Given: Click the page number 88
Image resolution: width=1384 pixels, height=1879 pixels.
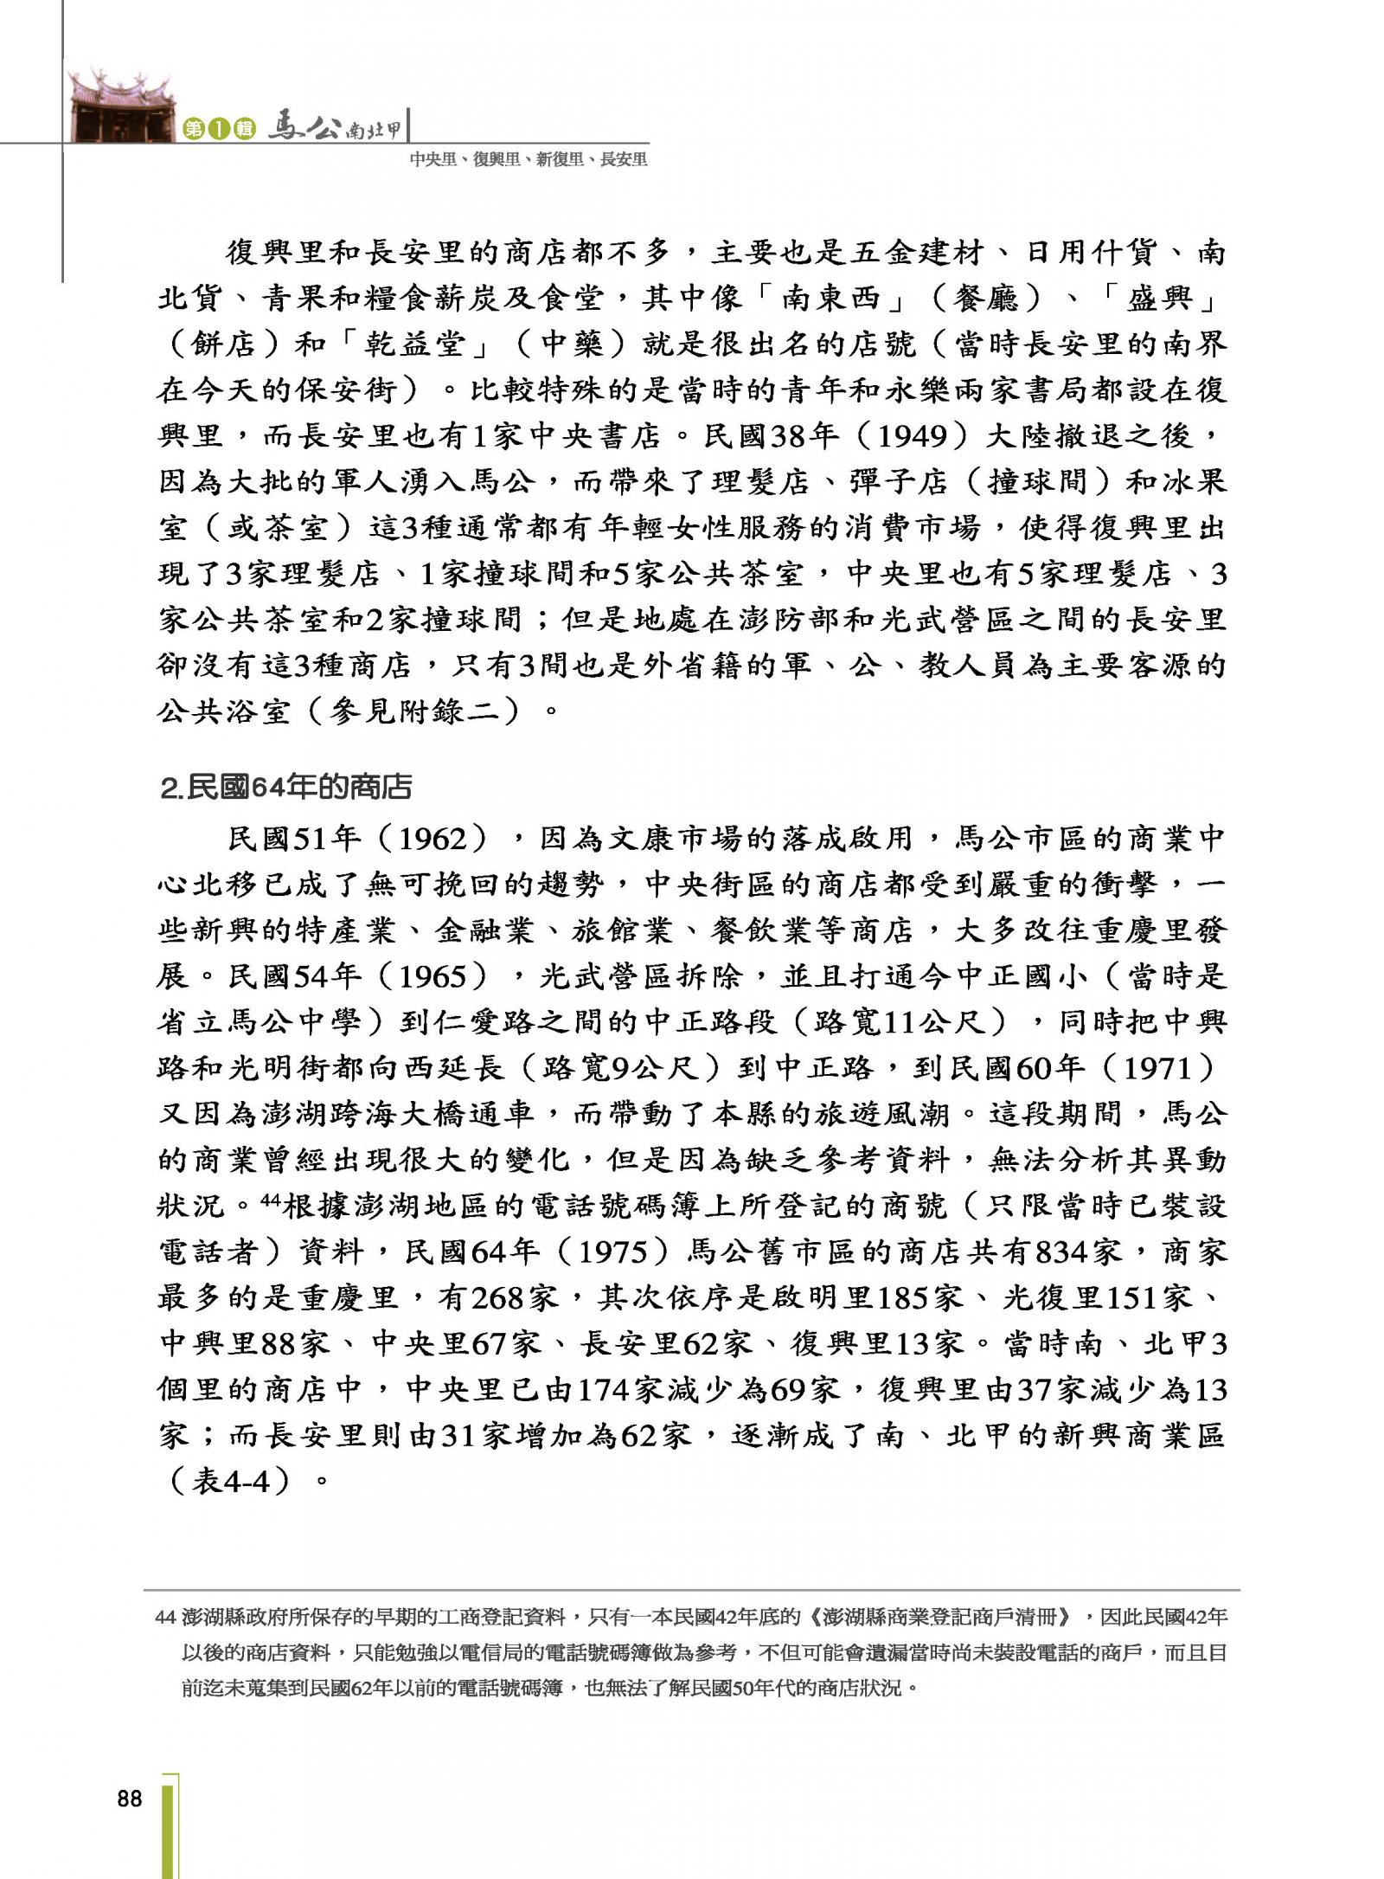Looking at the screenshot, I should pyautogui.click(x=129, y=1799).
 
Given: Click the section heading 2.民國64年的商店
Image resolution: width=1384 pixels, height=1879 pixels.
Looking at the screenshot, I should pyautogui.click(x=286, y=787).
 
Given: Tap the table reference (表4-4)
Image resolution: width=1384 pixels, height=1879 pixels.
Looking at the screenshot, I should pyautogui.click(x=234, y=1482).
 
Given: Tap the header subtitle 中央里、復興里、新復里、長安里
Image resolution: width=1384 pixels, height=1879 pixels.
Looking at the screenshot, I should pyautogui.click(x=528, y=159).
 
